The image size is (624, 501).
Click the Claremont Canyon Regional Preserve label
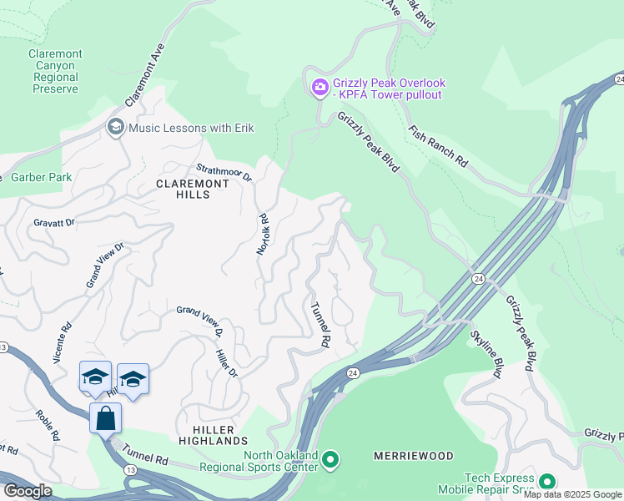(55, 71)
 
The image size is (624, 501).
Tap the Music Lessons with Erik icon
(116, 127)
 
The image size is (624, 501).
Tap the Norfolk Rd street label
(263, 234)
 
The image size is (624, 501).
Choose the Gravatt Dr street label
(54, 222)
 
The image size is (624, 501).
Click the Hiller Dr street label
(228, 362)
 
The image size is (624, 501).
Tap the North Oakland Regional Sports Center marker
(330, 459)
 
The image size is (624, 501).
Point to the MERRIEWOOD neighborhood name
(414, 456)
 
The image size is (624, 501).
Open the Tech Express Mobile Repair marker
(546, 482)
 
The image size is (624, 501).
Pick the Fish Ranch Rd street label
(439, 146)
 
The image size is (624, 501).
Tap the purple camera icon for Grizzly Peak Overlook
(320, 87)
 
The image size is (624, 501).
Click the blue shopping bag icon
(106, 418)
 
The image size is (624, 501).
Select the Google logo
(28, 491)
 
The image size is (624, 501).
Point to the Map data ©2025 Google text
(572, 495)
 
